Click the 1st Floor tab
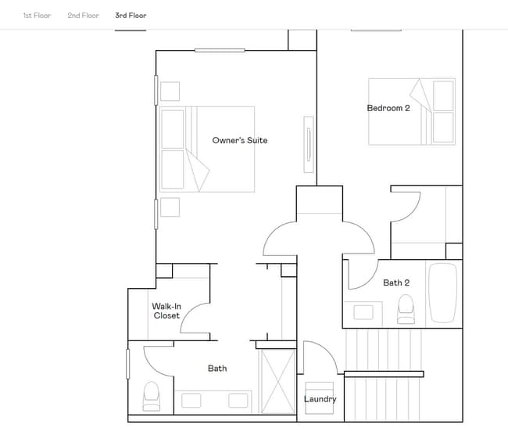(x=37, y=16)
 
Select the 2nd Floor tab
(x=83, y=16)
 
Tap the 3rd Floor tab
(x=131, y=16)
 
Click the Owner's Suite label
(x=239, y=141)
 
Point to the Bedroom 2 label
(x=388, y=108)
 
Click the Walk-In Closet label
(x=166, y=311)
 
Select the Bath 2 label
(x=396, y=282)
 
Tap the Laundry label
(x=320, y=399)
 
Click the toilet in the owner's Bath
(x=151, y=396)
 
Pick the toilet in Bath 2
(x=406, y=310)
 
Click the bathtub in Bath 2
(x=442, y=293)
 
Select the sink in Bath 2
(x=363, y=311)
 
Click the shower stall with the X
(x=277, y=380)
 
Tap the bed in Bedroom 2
(x=412, y=111)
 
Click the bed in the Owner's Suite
(x=207, y=149)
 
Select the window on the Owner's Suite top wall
(x=220, y=50)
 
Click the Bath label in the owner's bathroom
(x=217, y=368)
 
